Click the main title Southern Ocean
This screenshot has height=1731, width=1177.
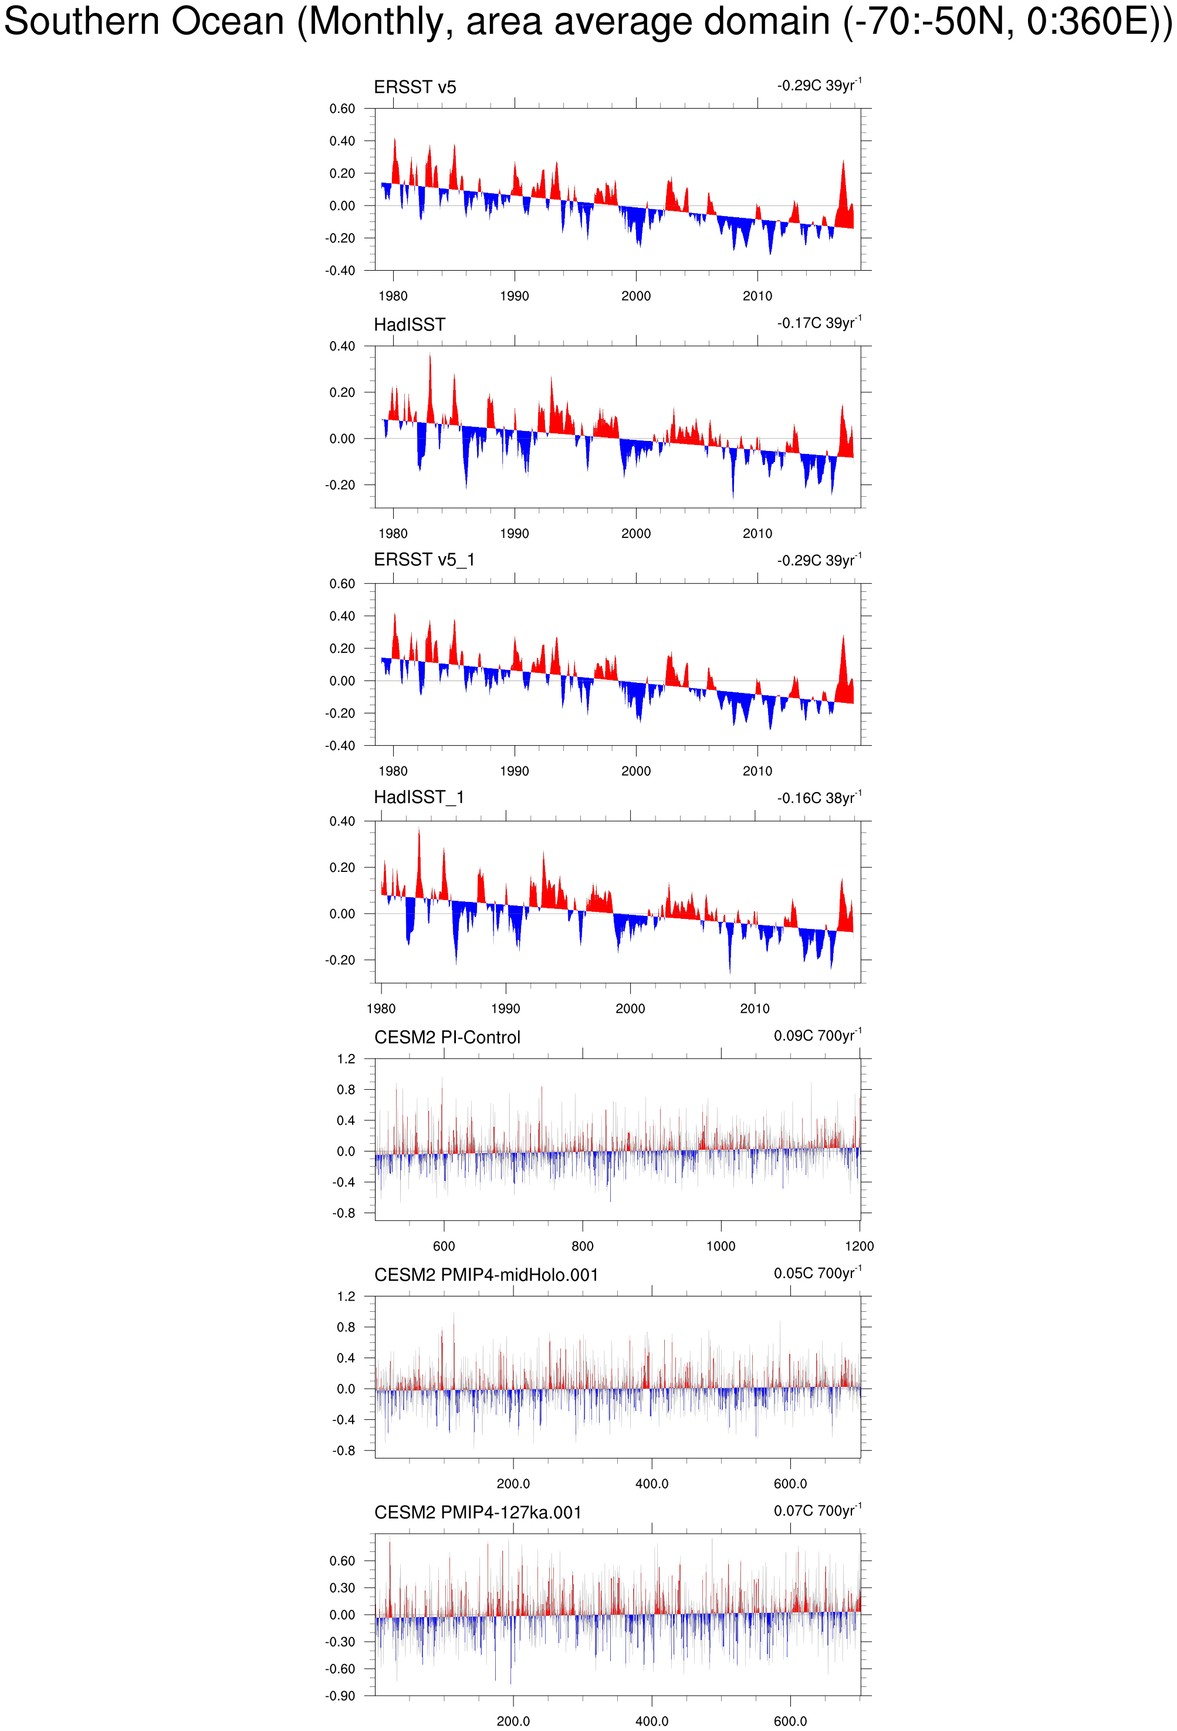[x=588, y=22]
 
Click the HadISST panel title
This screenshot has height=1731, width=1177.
[x=410, y=325]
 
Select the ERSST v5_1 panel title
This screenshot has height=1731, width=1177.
[x=424, y=560]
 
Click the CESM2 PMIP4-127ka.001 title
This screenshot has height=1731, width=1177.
[x=477, y=1512]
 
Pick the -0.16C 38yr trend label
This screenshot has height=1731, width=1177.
[x=819, y=798]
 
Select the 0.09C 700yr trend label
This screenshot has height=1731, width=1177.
[x=817, y=1035]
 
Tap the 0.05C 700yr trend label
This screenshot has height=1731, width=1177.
[x=817, y=1273]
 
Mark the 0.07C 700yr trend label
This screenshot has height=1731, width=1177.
[x=817, y=1511]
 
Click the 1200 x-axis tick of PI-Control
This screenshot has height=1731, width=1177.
[x=859, y=1246]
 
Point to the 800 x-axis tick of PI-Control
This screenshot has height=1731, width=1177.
[x=582, y=1246]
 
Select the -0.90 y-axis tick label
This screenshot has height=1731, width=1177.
[x=340, y=1696]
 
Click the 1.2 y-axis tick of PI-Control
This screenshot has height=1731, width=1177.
[x=346, y=1059]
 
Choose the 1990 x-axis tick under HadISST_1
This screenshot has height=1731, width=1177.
[x=506, y=1009]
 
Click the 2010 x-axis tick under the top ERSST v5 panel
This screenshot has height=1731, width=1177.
[x=757, y=296]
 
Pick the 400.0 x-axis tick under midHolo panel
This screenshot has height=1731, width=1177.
[x=651, y=1484]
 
